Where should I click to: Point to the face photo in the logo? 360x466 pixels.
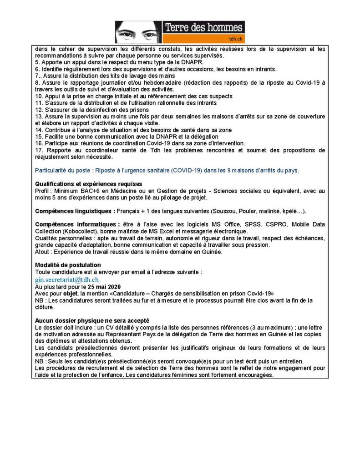coord(138,32)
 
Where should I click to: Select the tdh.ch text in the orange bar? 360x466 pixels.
coord(234,39)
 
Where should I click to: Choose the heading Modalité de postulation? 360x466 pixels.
coord(68,265)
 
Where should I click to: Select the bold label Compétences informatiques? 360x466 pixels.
coord(76,225)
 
